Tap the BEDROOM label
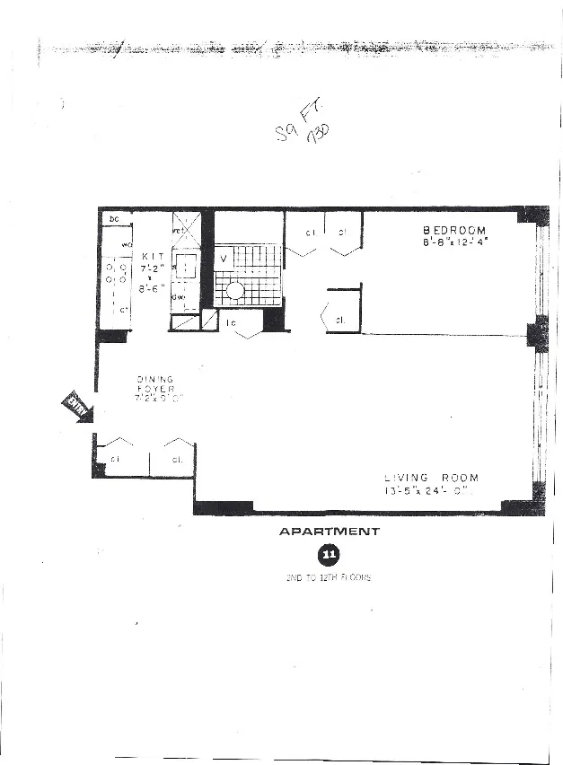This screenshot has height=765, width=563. tap(454, 231)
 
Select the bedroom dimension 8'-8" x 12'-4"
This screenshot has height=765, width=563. tap(454, 242)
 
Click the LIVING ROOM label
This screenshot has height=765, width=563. tap(426, 478)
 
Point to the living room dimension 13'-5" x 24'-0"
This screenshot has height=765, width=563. tap(426, 490)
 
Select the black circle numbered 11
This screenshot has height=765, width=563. tap(329, 555)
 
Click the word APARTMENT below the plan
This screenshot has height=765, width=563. tap(329, 532)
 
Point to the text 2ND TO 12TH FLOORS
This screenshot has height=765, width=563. tap(329, 577)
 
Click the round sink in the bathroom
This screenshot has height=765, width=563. tap(234, 290)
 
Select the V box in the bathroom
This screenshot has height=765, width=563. tap(223, 259)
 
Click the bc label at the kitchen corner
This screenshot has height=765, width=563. tap(114, 219)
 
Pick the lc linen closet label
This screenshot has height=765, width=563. tap(231, 322)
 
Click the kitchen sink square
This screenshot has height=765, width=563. tap(185, 267)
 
